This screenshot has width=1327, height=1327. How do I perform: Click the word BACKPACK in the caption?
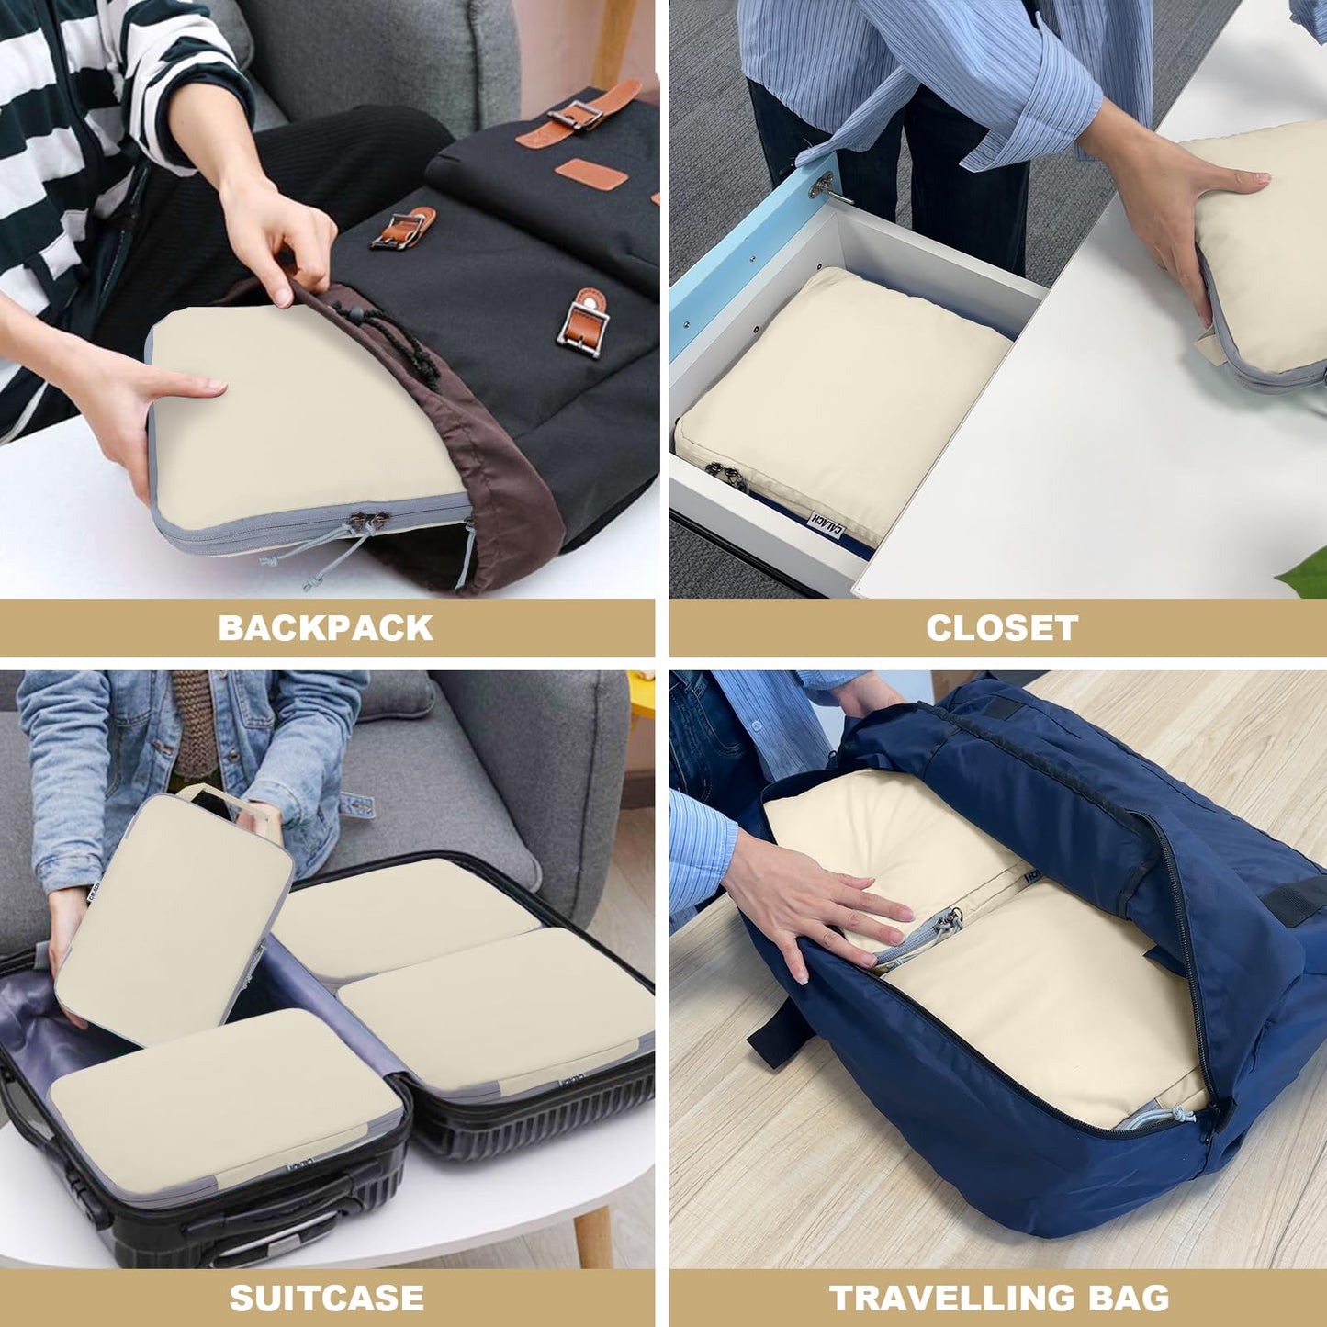tap(325, 628)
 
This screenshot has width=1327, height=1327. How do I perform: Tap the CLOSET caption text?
tap(1001, 628)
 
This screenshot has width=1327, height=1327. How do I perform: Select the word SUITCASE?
tap(326, 1299)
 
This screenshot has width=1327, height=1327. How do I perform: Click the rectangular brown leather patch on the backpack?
tap(583, 174)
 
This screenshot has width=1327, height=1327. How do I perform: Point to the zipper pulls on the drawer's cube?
tap(725, 474)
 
